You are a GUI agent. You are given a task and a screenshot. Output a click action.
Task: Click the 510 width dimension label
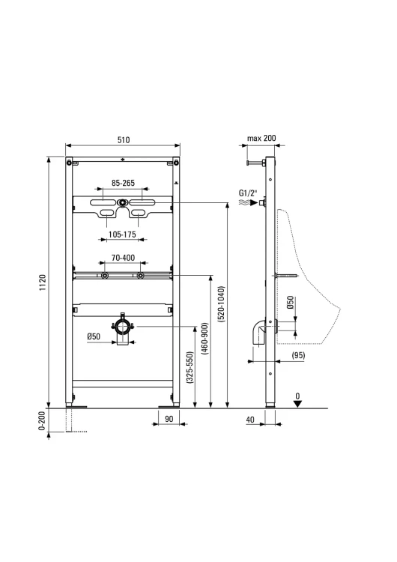(124, 140)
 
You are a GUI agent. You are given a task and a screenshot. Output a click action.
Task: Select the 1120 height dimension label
(43, 282)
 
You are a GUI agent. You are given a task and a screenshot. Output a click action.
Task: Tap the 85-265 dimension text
(123, 183)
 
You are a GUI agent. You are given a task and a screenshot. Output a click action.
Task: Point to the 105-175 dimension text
(122, 235)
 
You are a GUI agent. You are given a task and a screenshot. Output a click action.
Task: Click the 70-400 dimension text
(123, 258)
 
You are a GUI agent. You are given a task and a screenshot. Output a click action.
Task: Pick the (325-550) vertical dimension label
(190, 368)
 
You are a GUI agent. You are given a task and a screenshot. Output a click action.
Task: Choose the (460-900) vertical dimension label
(204, 339)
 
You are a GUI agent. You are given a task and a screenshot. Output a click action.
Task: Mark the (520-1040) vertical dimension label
(221, 304)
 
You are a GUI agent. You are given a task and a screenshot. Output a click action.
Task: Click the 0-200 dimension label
(42, 421)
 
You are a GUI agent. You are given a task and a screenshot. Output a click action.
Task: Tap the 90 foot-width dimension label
(169, 419)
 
